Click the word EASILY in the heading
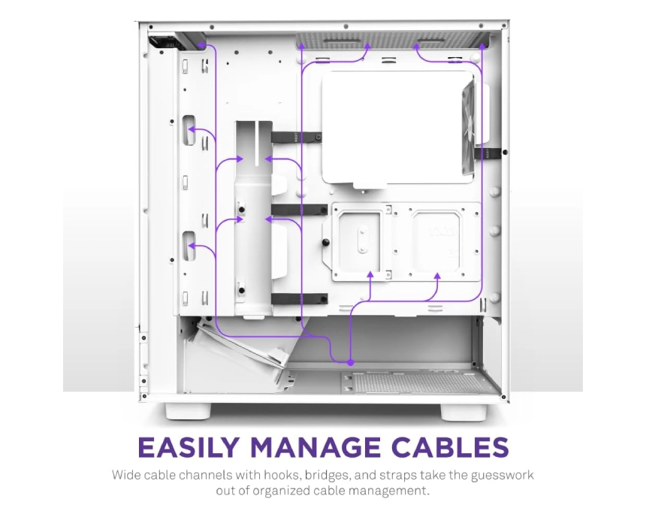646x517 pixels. (189, 447)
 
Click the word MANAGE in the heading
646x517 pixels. (315, 447)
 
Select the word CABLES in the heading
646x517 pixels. (450, 447)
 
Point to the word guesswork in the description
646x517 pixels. (503, 476)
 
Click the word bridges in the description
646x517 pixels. (327, 476)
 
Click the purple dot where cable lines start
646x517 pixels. (350, 363)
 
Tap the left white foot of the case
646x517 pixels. (189, 411)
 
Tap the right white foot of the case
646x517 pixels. (463, 411)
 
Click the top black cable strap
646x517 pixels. (296, 137)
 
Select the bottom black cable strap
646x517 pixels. (299, 299)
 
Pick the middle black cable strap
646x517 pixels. (299, 210)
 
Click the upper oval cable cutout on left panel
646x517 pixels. (189, 130)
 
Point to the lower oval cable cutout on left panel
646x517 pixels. (189, 246)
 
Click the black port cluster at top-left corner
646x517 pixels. (163, 42)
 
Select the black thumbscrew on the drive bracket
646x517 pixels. (326, 242)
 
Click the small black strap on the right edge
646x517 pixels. (488, 153)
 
